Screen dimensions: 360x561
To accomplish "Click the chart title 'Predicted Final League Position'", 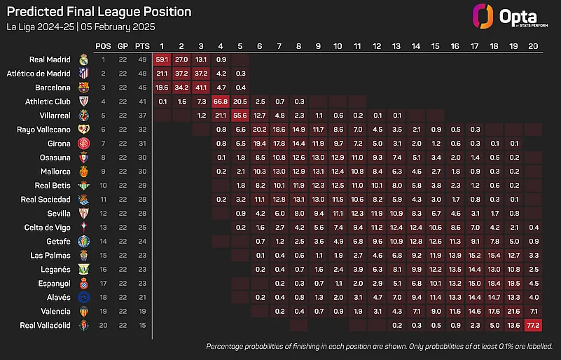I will coord(98,12).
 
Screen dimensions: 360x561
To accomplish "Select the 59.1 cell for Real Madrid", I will coord(162,60).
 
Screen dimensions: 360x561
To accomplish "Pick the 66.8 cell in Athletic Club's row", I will coord(221,102).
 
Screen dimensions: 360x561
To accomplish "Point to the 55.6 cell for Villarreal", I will coord(240,116).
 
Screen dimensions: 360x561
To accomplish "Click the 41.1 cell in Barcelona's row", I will coord(201,88).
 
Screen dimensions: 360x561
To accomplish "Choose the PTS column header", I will coord(143,46).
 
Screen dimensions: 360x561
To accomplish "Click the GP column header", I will coord(123,46).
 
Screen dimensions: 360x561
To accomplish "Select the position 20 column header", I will coord(534,46).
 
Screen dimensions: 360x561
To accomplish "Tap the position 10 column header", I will coord(338,46).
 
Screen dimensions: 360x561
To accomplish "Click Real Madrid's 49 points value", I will coord(143,60).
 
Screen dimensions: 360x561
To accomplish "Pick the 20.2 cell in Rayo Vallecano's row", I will coord(260,130).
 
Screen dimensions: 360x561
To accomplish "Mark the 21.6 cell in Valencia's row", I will coord(514,312).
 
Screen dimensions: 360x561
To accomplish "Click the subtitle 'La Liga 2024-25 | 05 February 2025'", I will coord(81,27).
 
